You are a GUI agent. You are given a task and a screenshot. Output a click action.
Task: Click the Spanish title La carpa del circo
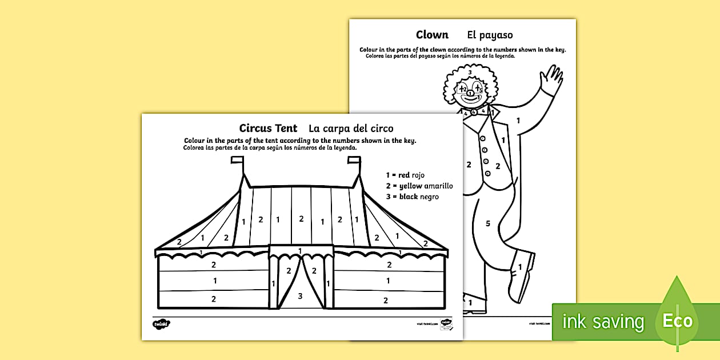click(x=351, y=128)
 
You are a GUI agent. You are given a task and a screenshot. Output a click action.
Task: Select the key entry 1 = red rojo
click(x=405, y=175)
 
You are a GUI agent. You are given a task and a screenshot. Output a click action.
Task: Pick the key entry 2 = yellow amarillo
click(x=419, y=186)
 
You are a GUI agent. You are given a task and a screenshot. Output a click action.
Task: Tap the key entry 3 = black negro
click(x=412, y=197)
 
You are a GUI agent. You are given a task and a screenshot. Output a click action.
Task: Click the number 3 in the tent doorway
click(x=301, y=295)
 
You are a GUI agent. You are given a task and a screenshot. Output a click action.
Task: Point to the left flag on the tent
click(x=237, y=163)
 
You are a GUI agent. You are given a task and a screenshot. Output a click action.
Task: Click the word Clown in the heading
click(x=432, y=35)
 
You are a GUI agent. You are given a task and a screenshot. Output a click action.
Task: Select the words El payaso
click(x=490, y=35)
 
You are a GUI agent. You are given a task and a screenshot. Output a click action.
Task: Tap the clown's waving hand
click(x=551, y=81)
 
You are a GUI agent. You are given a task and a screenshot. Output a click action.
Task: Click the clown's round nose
click(x=470, y=93)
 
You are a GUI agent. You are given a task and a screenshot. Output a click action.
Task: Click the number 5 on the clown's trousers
click(x=487, y=223)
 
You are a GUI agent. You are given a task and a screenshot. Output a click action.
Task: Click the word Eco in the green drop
click(x=678, y=321)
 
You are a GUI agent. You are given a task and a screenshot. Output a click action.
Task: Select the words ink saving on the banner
click(x=603, y=322)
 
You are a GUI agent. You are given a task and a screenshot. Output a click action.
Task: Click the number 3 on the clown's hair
click(x=470, y=73)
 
